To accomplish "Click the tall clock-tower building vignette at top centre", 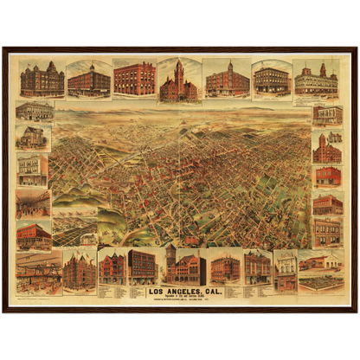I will click(178, 80).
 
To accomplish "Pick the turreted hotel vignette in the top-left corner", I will click(42, 80).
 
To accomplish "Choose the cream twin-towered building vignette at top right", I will click(317, 80).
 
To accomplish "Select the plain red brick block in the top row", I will click(134, 79).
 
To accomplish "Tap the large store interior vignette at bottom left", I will click(38, 272).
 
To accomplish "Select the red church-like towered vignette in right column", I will click(327, 149).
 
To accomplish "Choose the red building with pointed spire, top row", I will click(228, 80).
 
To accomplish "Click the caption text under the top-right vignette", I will click(317, 99).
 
